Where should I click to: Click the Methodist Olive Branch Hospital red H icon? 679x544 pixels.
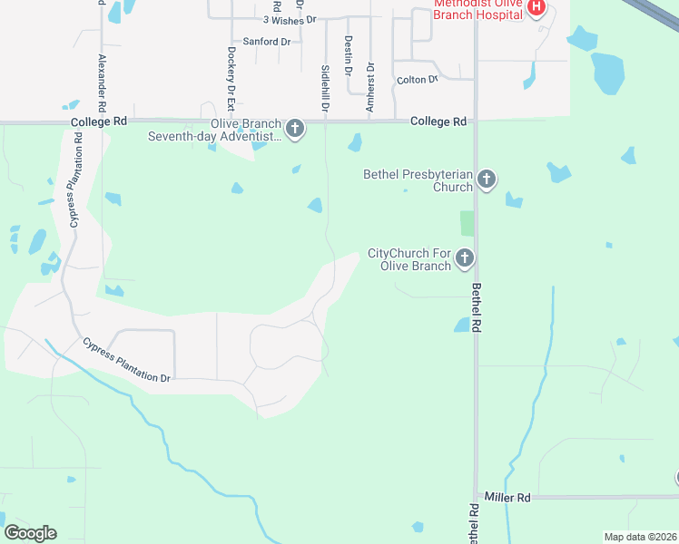tap(536, 8)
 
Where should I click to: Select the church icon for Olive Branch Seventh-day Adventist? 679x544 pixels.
tap(294, 130)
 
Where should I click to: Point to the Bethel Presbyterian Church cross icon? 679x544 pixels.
tap(487, 180)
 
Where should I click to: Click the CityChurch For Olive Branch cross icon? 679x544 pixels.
tap(465, 259)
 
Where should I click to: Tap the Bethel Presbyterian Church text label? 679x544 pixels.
tap(418, 180)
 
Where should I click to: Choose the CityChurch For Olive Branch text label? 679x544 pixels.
tap(409, 259)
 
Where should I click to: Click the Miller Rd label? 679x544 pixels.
tap(507, 498)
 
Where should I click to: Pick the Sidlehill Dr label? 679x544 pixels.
tap(325, 87)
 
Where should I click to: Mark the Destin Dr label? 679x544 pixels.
tap(349, 57)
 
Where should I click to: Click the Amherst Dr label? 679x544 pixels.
tap(369, 88)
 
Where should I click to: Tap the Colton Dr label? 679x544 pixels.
tap(418, 80)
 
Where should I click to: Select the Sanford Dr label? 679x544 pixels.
tap(267, 42)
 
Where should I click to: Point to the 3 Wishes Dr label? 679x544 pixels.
tap(290, 19)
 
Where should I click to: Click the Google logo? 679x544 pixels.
tap(30, 533)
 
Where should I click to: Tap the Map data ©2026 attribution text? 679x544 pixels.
tap(639, 537)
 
